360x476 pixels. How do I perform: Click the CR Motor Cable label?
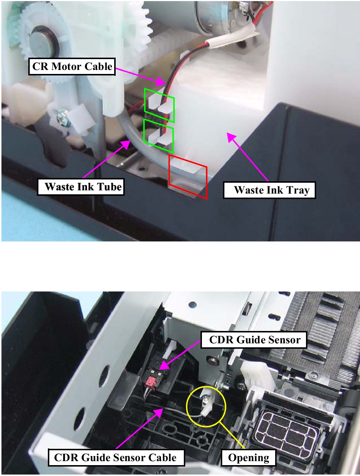[72, 67]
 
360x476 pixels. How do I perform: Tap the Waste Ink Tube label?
[81, 187]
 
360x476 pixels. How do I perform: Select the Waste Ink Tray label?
[269, 190]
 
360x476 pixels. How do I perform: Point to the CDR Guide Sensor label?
[254, 340]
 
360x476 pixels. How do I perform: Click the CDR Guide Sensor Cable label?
[116, 458]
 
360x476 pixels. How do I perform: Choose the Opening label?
[248, 458]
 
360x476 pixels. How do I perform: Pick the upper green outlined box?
[159, 105]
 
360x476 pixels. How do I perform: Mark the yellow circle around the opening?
[206, 406]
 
